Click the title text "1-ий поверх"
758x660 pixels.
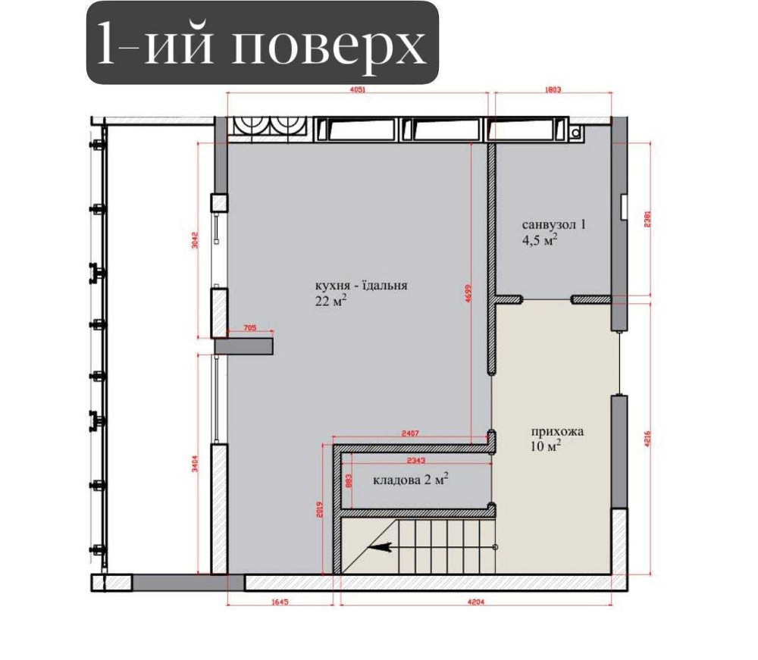pos(262,43)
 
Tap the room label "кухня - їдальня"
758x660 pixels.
pos(362,286)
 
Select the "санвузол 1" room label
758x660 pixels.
pos(554,225)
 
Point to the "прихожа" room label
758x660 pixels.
pos(557,431)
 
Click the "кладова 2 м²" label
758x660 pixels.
pos(411,480)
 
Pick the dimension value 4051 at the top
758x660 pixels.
pos(359,89)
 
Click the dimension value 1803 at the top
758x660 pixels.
pos(553,89)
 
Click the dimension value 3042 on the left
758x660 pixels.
pos(196,241)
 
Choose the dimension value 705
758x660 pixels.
pos(250,328)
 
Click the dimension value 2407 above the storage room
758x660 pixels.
pos(411,434)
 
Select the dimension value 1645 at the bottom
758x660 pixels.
pos(280,603)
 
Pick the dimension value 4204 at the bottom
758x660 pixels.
pos(476,603)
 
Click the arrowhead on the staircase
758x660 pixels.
pos(374,546)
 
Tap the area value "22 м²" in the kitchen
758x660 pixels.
pos(331,301)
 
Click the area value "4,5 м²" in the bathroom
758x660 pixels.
pos(540,240)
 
